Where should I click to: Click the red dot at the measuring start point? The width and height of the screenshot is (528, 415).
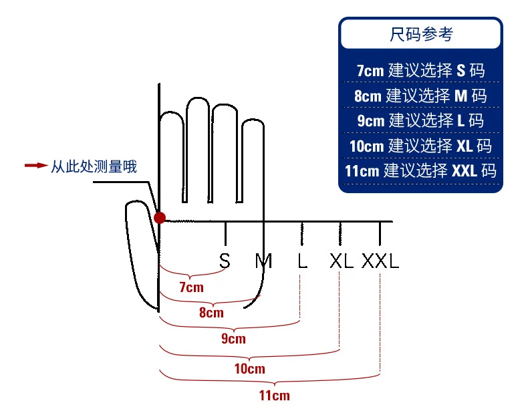click(x=160, y=217)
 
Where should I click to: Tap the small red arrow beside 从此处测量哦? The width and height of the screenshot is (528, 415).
click(x=35, y=166)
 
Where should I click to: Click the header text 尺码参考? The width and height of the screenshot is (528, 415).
click(x=420, y=34)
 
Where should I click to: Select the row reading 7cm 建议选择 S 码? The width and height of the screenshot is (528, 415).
click(x=420, y=70)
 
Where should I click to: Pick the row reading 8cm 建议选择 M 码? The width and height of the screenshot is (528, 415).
click(x=420, y=96)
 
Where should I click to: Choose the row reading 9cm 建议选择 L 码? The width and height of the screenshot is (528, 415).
click(x=420, y=121)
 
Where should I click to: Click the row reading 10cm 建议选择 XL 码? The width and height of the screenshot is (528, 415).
click(x=420, y=146)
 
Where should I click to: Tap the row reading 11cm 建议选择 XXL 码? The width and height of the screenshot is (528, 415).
click(x=420, y=170)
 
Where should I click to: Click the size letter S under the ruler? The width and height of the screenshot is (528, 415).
click(x=225, y=261)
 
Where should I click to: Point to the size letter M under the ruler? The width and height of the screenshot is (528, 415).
click(x=264, y=261)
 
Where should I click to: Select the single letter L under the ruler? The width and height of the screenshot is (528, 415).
click(x=302, y=261)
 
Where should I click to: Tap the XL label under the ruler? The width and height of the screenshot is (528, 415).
click(x=341, y=261)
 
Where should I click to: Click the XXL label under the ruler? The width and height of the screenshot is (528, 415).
click(x=380, y=261)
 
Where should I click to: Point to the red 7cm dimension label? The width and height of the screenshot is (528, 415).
click(x=191, y=288)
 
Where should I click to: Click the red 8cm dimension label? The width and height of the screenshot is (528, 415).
click(x=211, y=313)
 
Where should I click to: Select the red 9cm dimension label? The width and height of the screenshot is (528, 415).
click(x=233, y=339)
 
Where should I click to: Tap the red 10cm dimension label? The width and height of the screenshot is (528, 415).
click(x=249, y=369)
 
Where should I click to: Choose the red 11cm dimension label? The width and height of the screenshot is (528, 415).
click(x=274, y=395)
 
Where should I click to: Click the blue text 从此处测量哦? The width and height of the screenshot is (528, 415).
click(x=94, y=166)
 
